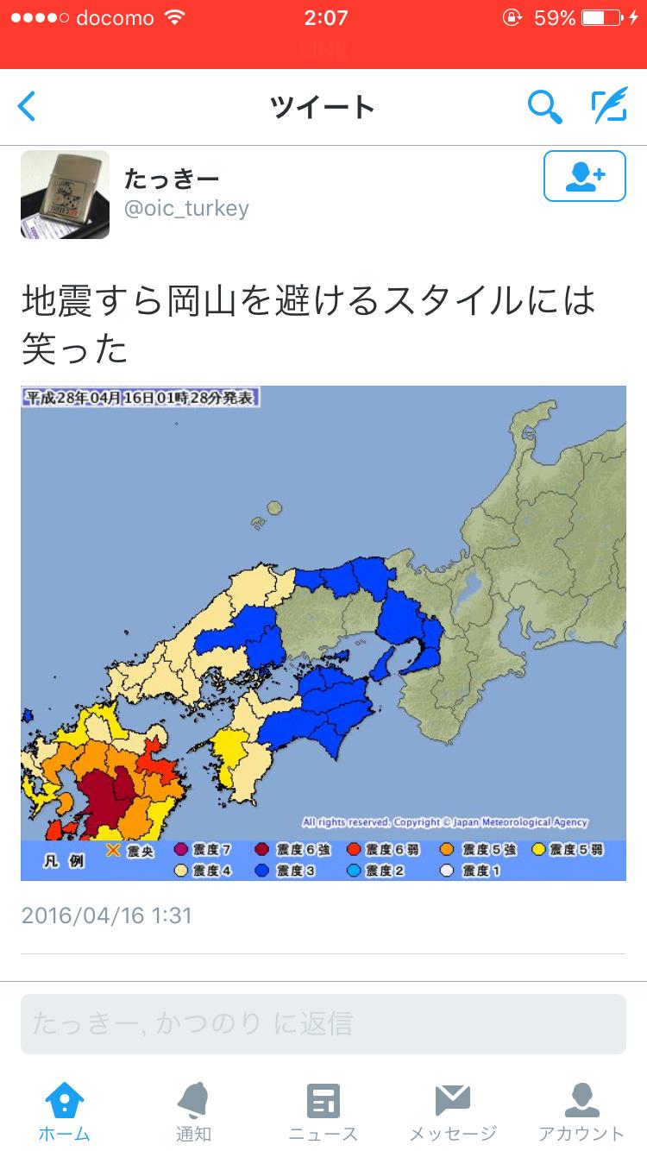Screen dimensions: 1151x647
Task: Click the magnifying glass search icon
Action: (544, 107)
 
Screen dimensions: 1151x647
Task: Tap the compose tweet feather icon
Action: (608, 106)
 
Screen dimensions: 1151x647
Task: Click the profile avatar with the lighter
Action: (65, 194)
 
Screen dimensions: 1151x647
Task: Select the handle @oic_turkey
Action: (186, 208)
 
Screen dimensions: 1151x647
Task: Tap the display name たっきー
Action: (172, 179)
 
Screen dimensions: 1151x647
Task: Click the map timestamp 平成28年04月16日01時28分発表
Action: (141, 398)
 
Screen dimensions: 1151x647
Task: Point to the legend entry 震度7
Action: (204, 850)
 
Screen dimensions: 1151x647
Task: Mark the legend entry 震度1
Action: (470, 871)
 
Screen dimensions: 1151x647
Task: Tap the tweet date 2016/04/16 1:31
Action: (106, 915)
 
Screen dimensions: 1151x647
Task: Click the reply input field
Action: (323, 1023)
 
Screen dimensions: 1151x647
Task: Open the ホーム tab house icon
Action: (65, 1101)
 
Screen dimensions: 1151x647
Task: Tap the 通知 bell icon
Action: (193, 1101)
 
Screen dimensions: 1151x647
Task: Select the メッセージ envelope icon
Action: (452, 1101)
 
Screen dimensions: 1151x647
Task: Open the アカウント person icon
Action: (581, 1101)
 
